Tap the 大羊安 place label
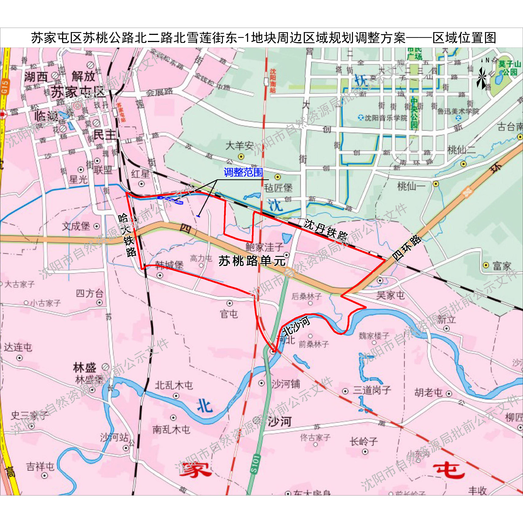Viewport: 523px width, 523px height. pos(240,146)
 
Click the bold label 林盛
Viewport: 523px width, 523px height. pos(84,368)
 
